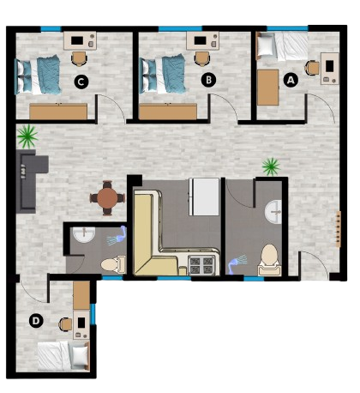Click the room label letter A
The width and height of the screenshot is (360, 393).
291,80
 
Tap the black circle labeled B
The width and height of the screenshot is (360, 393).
208,80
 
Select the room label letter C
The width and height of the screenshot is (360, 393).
81,82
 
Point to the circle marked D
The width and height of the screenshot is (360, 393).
36,320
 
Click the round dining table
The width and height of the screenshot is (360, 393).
107,197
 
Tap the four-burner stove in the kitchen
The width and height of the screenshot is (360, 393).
201,265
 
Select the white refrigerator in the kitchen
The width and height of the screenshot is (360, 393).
204,196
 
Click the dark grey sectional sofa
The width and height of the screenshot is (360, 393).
29,181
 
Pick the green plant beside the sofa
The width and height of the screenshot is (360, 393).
27,136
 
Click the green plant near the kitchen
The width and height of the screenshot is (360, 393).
271,166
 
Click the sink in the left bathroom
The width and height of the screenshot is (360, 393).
84,235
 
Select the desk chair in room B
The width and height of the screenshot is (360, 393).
202,58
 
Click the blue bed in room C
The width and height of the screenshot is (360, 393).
38,75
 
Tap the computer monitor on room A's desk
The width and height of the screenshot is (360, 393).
329,66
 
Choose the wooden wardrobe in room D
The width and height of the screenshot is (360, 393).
81,295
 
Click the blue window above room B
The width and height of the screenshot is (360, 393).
180,28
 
